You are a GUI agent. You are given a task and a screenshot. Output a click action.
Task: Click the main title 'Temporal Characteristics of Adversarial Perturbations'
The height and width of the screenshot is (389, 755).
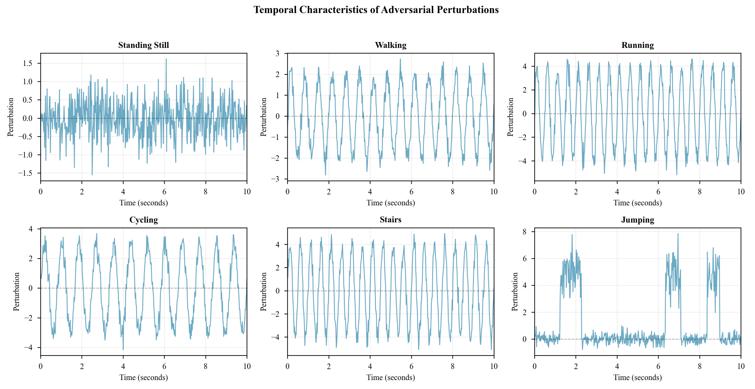coord(376,10)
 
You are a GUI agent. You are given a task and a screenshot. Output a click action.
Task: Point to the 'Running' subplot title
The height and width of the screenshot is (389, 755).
coord(637,45)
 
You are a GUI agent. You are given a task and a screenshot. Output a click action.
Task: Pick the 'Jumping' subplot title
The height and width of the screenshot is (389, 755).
coord(637,220)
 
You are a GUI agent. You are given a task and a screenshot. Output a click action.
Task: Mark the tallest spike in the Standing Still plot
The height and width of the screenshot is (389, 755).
coord(166,59)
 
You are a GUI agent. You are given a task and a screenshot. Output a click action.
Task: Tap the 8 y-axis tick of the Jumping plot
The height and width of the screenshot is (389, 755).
coord(524,232)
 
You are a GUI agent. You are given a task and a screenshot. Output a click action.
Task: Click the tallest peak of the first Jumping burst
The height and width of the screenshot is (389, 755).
coord(572,235)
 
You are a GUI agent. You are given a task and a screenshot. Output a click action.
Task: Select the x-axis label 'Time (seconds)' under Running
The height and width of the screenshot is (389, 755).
coord(637,203)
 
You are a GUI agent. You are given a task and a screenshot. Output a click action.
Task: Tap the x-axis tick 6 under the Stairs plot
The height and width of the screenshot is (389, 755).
coord(411,366)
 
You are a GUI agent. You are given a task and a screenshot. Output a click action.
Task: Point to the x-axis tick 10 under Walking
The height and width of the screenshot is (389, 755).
coord(494,192)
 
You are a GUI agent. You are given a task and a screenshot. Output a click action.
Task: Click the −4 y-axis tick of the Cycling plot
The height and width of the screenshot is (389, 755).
coord(28,348)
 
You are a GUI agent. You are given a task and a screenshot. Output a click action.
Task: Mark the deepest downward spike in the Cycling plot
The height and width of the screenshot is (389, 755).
coord(123,349)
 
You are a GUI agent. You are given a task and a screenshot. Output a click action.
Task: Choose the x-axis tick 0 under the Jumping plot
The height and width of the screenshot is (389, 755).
coord(535,366)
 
